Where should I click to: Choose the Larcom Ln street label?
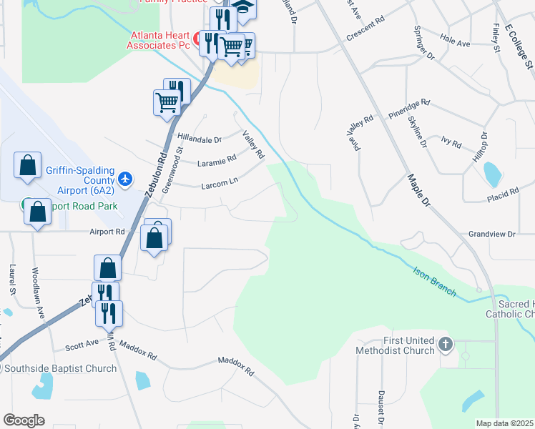[x=219, y=183]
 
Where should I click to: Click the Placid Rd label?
[x=502, y=194]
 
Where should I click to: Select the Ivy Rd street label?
[x=451, y=142]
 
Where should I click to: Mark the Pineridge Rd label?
[x=408, y=107]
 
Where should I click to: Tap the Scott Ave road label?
[x=82, y=344]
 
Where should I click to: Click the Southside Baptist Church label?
[x=60, y=369]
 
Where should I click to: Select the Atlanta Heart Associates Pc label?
[x=159, y=40]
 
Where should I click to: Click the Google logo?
[x=24, y=420]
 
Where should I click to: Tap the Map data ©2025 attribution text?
[x=504, y=423]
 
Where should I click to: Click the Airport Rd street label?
[x=107, y=232]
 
